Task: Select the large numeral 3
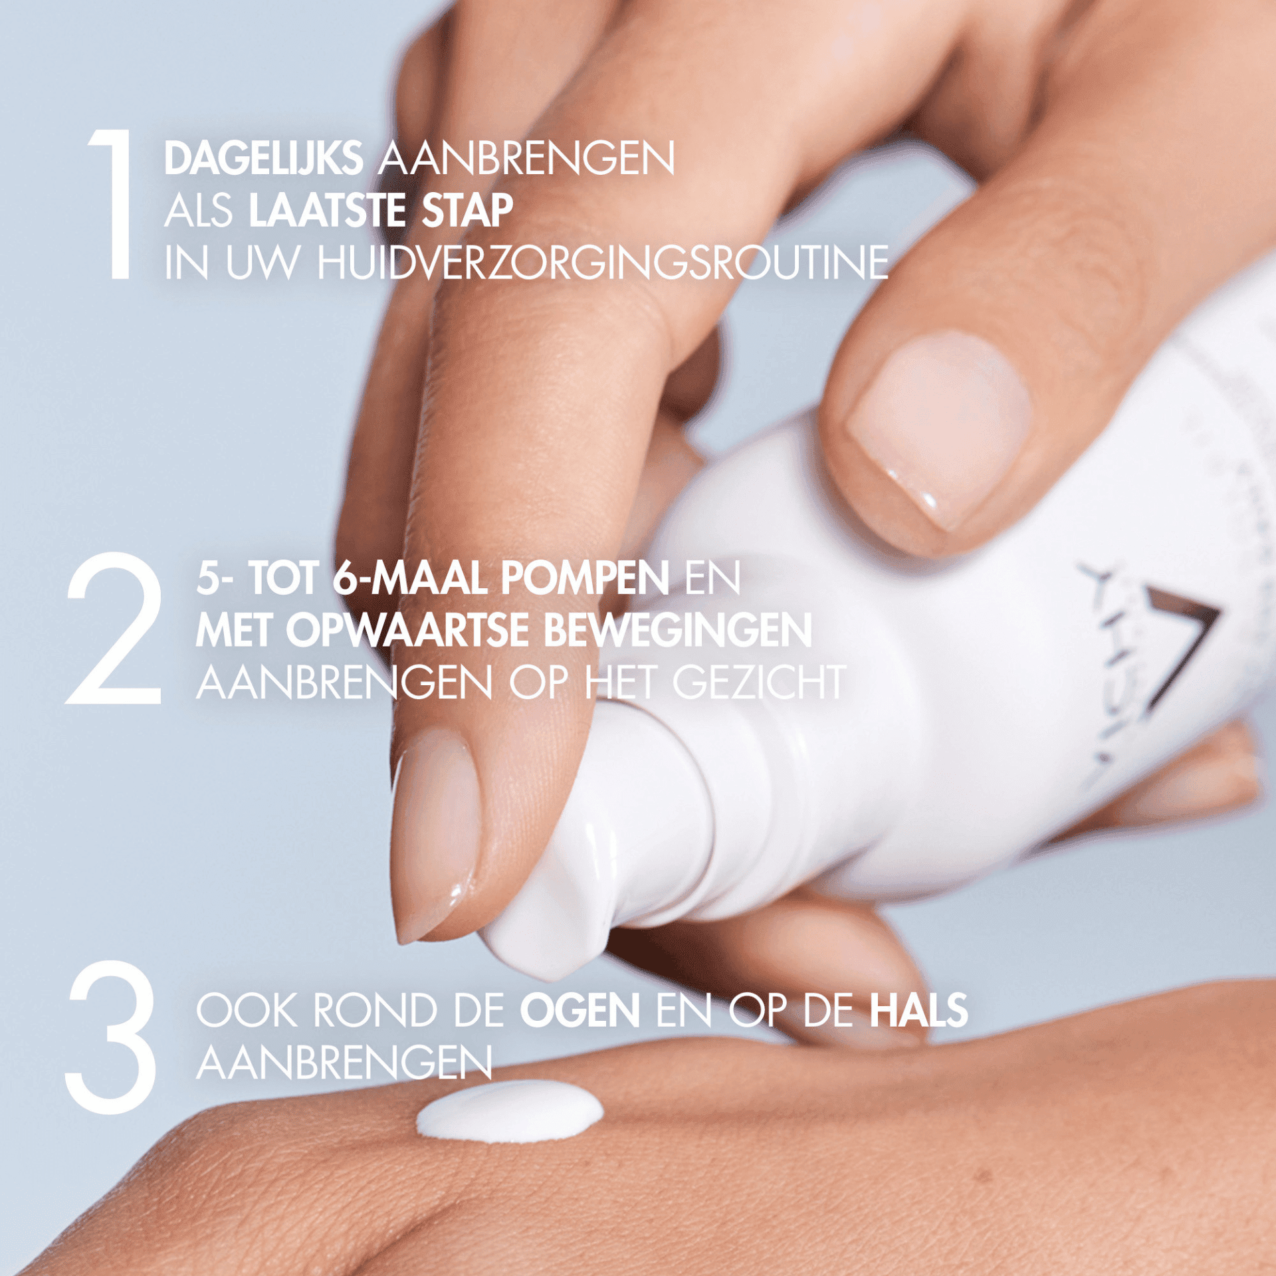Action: [112, 1037]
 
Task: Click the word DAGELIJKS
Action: [263, 159]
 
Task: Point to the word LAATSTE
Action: [327, 211]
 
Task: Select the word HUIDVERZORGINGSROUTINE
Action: [603, 263]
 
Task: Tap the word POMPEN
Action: [585, 578]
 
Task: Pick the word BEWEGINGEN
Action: [678, 631]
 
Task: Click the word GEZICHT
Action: [759, 683]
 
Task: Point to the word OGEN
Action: [580, 1011]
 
